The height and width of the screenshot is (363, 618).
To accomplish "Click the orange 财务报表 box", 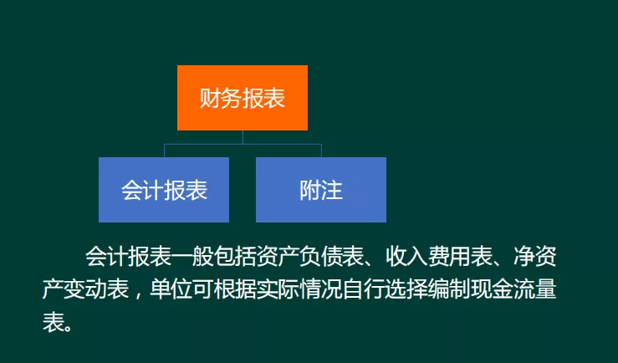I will tap(243, 98).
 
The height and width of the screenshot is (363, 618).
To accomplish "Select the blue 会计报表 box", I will tap(164, 190).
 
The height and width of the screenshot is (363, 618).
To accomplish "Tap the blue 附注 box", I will tap(321, 190).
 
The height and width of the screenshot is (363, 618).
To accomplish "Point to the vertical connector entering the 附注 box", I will tap(321, 151).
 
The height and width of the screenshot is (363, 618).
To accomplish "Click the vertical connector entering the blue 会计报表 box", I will tap(164, 151).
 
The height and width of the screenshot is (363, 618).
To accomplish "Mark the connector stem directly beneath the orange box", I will tap(243, 137).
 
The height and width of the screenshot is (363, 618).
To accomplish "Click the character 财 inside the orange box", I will tap(210, 98).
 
